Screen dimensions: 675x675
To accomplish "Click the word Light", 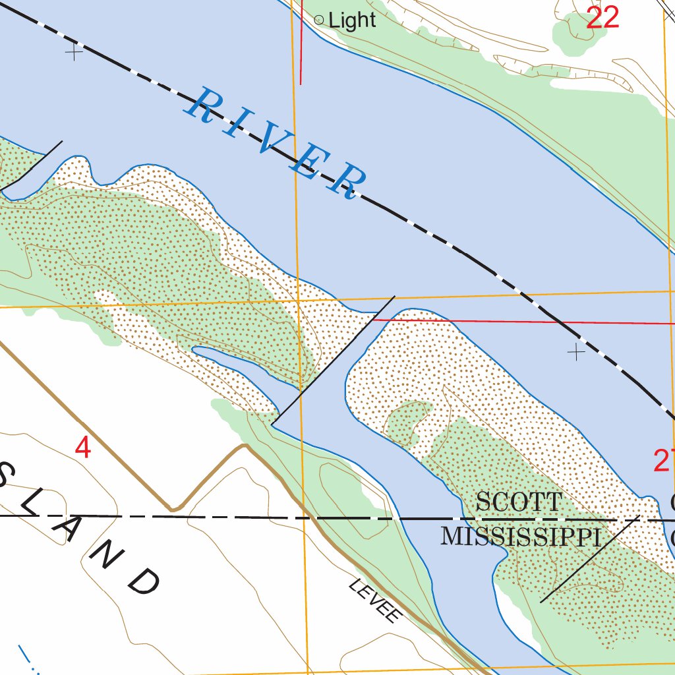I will (x=352, y=20).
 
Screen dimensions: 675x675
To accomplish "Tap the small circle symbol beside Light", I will (x=319, y=20).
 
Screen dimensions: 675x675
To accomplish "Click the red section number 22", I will (x=602, y=18).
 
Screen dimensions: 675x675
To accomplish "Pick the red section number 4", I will (x=82, y=448).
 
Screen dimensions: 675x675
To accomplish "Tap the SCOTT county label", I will (x=519, y=502).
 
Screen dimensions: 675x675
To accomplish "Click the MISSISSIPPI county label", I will (x=521, y=537).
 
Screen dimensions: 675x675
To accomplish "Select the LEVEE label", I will (x=375, y=601).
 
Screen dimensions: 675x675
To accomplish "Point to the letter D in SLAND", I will (x=144, y=581).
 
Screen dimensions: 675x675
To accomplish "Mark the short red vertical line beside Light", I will (x=301, y=46).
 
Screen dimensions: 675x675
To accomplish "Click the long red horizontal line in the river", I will (x=527, y=322).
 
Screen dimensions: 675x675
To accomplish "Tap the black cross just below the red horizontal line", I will (x=576, y=352).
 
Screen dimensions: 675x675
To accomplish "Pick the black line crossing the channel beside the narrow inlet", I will (x=333, y=359).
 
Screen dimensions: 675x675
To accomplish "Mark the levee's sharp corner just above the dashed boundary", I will (x=173, y=510).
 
